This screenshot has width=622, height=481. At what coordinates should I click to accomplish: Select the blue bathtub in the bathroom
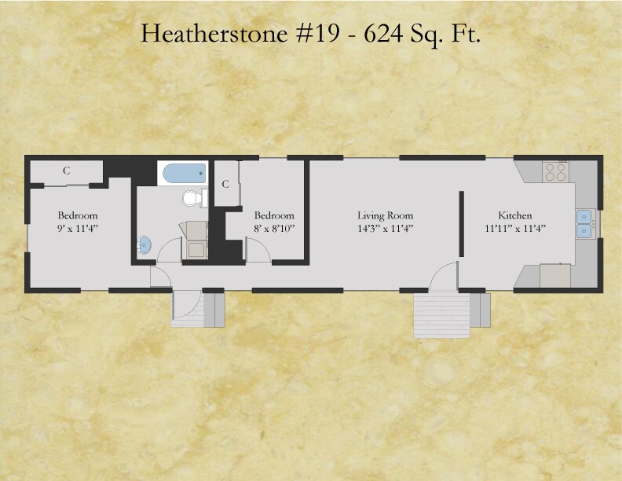point(183,173)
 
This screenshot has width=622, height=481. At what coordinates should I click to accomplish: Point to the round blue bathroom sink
point(145,244)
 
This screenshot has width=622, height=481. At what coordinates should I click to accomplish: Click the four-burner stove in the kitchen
point(556,171)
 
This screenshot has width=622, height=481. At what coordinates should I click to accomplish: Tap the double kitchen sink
point(584,223)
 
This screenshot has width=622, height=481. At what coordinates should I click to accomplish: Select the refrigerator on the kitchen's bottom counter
point(555,276)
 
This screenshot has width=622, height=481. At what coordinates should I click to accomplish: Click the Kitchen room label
point(515,215)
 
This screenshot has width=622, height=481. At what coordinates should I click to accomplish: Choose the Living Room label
point(385,215)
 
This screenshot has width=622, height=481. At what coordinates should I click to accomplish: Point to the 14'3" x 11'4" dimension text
point(385,228)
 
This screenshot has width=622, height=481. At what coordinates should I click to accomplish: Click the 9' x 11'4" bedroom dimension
point(77,228)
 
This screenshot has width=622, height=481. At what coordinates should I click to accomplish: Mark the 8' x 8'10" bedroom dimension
point(274,228)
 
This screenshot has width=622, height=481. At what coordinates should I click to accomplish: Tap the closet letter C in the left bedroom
point(67,171)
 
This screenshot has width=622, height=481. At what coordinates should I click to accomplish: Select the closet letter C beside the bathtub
point(225,184)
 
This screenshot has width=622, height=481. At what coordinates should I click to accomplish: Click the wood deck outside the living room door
point(441,314)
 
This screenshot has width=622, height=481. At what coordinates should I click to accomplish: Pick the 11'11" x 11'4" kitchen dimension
point(515,228)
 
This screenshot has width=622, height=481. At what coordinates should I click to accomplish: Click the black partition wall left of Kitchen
point(461,223)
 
